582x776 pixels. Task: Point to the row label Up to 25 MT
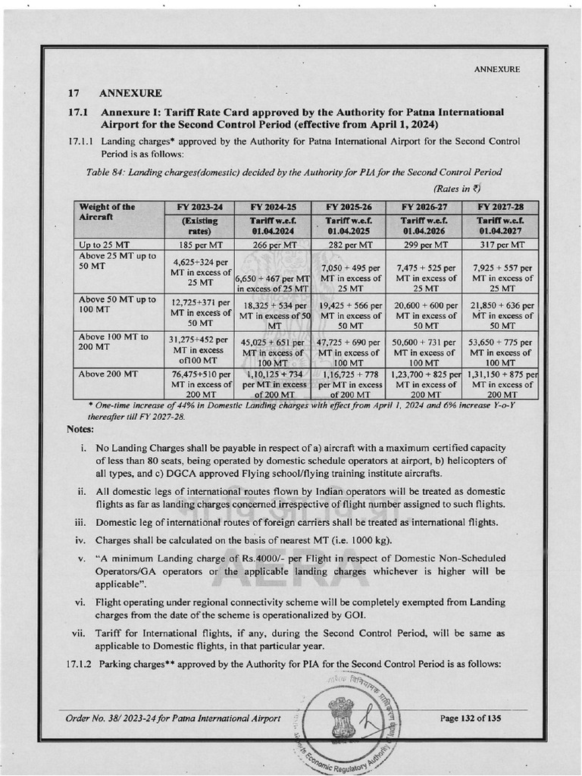104,245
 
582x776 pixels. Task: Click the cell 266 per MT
273,245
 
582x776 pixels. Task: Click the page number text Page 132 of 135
470,718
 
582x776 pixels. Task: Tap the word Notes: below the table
80,430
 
